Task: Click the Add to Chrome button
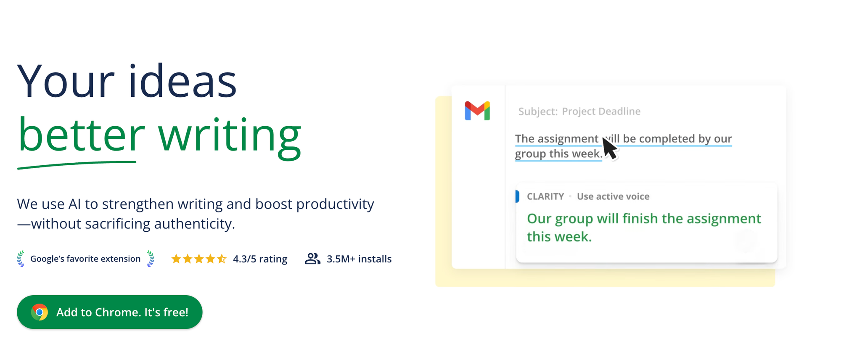[x=109, y=312]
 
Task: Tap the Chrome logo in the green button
[x=40, y=312]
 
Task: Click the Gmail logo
[x=477, y=111]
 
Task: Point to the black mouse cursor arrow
[x=609, y=148]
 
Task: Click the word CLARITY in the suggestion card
[x=545, y=196]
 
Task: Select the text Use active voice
[x=613, y=196]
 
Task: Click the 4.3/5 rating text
[x=260, y=259]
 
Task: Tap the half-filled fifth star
[x=222, y=259]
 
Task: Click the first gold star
[x=176, y=259]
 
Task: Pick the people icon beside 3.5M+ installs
[x=312, y=259]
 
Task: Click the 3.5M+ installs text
[x=359, y=259]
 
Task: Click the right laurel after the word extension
[x=151, y=259]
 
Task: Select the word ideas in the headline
[x=182, y=81]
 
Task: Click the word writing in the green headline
[x=230, y=136]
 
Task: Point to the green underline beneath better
[x=77, y=164]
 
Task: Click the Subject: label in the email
[x=538, y=111]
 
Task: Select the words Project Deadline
[x=601, y=111]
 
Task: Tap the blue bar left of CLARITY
[x=518, y=196]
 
